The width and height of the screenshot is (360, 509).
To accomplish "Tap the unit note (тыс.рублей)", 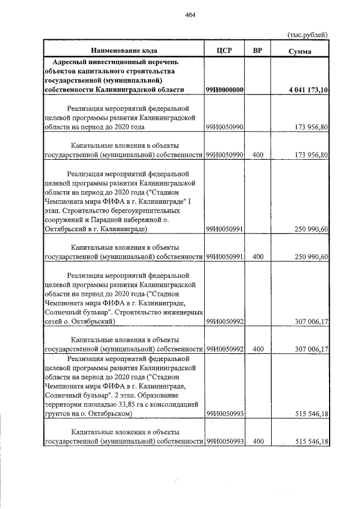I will (307, 35).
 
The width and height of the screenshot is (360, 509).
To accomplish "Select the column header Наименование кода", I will (123, 51).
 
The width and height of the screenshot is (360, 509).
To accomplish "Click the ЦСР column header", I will (224, 51).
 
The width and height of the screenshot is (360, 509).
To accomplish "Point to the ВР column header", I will (257, 51).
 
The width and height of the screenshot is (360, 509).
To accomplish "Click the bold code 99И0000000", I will (224, 90).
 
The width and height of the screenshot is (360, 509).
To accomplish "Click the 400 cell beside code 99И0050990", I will (258, 155).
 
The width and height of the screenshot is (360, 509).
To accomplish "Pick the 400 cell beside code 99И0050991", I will (258, 256).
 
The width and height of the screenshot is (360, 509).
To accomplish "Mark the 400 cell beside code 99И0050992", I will (258, 349).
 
